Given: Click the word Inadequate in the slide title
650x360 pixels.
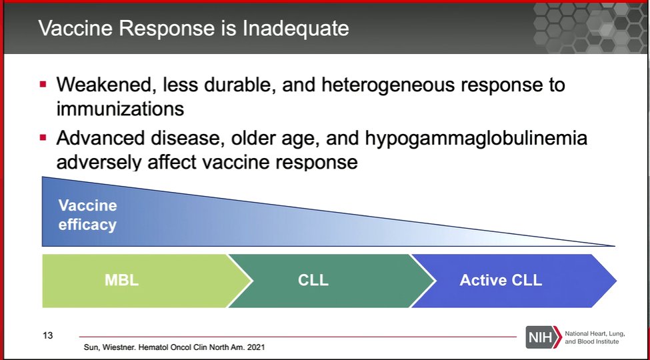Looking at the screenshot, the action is tap(295, 29).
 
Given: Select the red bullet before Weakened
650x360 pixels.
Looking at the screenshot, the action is tap(43, 85).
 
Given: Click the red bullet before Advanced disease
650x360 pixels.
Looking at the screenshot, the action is tap(43, 137).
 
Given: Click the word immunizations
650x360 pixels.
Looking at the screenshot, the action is tap(120, 109).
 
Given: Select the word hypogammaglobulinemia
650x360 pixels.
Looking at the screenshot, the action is tap(476, 139).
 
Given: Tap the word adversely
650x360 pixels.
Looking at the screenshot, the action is tap(99, 162).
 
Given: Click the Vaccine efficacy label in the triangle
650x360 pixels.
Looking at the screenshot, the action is tap(87, 215).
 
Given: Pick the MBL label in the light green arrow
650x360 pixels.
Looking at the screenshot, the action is tap(121, 281).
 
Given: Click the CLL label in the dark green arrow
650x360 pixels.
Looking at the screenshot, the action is tap(313, 281).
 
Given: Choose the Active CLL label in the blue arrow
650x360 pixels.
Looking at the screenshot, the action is tap(501, 281).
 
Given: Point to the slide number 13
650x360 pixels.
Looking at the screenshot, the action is tap(48, 335).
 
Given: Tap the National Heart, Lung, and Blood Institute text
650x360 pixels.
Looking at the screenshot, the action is tap(595, 337).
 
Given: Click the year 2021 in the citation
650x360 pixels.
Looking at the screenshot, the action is tap(256, 347).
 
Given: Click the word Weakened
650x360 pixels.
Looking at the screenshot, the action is tap(106, 85).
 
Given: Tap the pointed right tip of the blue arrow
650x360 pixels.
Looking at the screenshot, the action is tap(617, 281).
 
